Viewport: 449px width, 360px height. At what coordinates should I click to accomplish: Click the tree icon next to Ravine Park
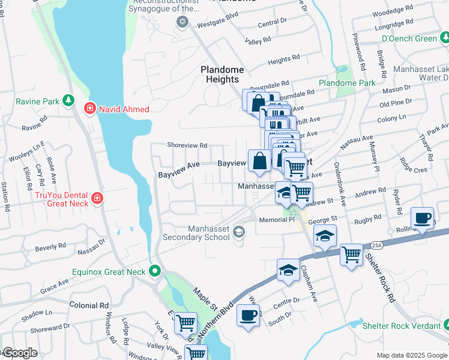pyautogui.click(x=69, y=101)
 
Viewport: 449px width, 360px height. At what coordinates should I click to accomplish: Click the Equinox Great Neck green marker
pyautogui.click(x=155, y=272)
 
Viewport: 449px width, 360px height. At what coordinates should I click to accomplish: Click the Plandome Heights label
pyautogui.click(x=222, y=74)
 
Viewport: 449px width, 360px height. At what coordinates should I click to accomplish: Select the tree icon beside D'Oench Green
pyautogui.click(x=444, y=38)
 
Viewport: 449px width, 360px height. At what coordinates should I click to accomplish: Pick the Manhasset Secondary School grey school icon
pyautogui.click(x=239, y=232)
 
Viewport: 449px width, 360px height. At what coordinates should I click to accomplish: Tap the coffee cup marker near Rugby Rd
pyautogui.click(x=423, y=218)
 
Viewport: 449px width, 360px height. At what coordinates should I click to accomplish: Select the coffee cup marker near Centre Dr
pyautogui.click(x=248, y=314)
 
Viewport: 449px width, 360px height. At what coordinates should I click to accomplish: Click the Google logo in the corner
pyautogui.click(x=19, y=353)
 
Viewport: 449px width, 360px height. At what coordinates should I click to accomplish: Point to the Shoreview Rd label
pyautogui.click(x=187, y=145)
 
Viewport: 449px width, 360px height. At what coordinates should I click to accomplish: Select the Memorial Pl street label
pyautogui.click(x=277, y=220)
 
